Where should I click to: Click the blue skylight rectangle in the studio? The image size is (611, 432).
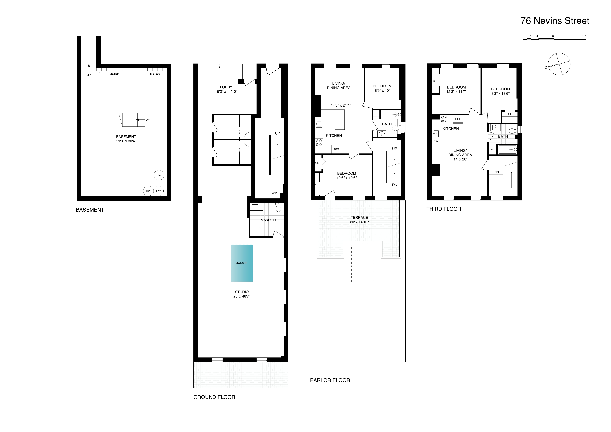point(242,263)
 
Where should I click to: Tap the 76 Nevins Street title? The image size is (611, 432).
point(555,21)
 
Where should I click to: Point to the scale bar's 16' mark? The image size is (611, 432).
point(584,36)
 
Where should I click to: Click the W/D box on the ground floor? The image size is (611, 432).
point(274,193)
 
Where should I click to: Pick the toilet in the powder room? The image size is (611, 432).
point(278,208)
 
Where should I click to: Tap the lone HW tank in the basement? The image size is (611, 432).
point(159,175)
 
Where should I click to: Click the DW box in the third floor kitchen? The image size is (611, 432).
point(436,141)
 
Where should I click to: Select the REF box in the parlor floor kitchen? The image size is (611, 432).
point(337,149)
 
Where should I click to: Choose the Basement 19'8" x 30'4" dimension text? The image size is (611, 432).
point(126,141)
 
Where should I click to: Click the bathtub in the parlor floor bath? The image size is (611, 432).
point(391,114)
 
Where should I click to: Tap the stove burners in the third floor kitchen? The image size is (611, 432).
point(444,119)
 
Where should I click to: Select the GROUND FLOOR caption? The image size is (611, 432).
point(214,397)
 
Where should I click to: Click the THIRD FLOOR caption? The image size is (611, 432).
point(444,209)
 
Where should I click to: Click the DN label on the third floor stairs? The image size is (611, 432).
point(496,172)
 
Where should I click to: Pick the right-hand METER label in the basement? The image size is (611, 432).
point(155,74)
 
